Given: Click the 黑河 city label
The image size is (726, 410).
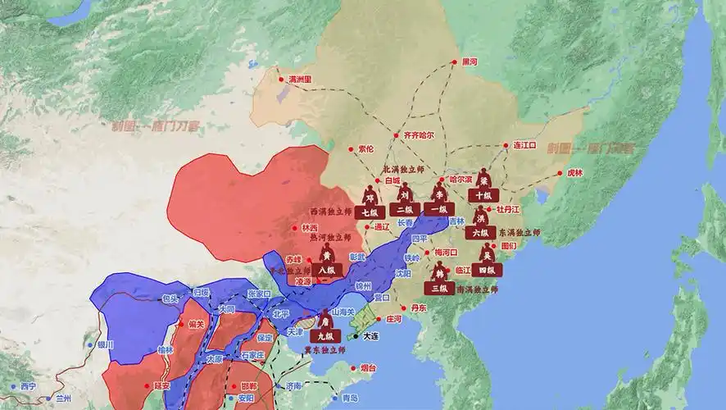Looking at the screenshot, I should tap(470, 61).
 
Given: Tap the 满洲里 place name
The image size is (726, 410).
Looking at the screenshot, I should tap(306, 79).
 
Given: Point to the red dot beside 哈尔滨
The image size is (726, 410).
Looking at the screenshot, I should tap(446, 178).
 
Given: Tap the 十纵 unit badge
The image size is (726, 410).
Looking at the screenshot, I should tap(482, 195).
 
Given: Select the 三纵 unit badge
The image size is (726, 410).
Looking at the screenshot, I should tap(438, 288).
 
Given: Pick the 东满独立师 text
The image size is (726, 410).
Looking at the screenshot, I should tap(520, 233).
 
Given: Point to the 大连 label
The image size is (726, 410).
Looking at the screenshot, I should tap(371, 336).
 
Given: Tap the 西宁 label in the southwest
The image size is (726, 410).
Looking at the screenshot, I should tap(29, 385).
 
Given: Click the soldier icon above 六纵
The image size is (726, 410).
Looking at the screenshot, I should tap(482, 216).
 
